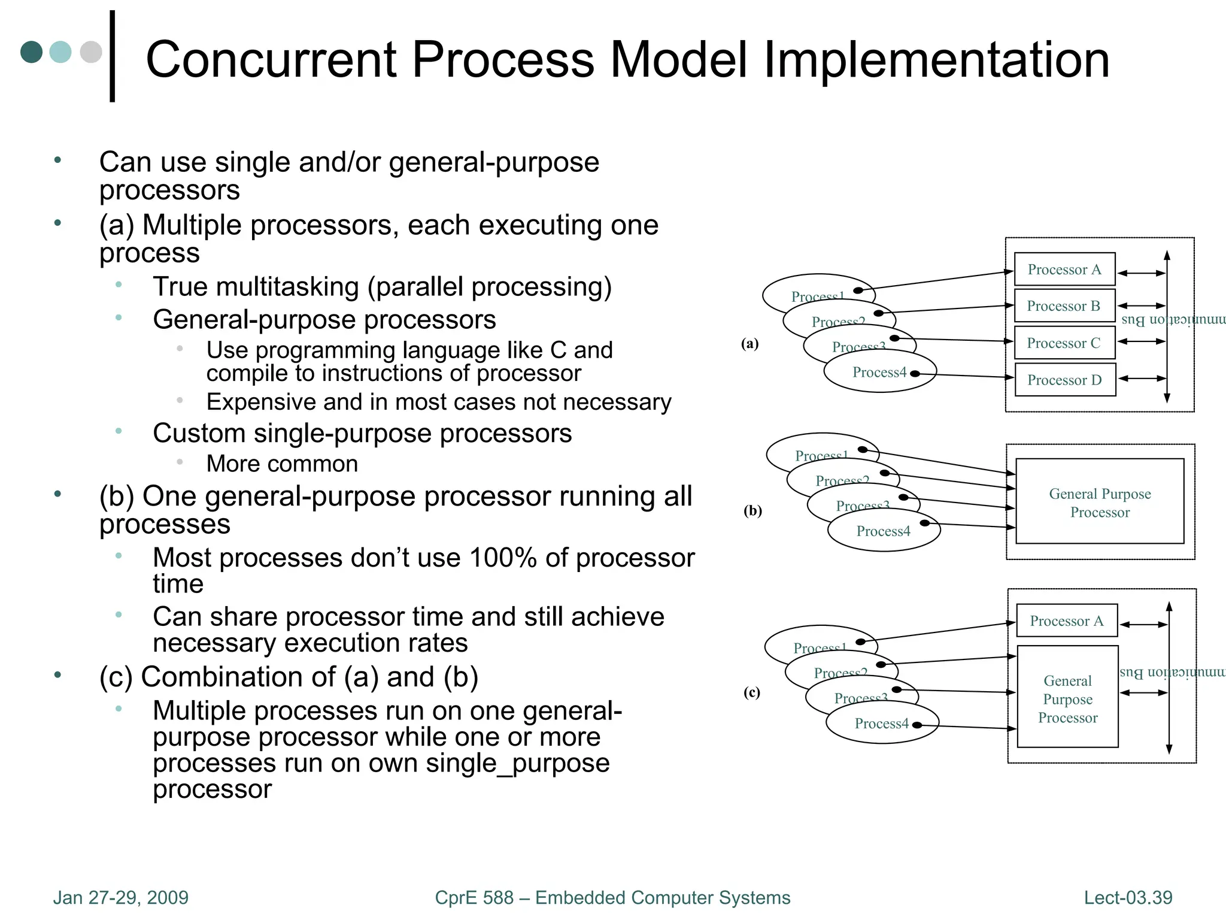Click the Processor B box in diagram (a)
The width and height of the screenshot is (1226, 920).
(x=1064, y=306)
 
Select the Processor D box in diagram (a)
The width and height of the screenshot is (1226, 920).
(x=1065, y=380)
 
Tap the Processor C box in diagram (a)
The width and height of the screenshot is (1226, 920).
(x=1064, y=343)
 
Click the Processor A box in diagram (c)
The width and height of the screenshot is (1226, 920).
(x=1067, y=621)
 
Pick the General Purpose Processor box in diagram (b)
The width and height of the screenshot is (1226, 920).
(x=1100, y=502)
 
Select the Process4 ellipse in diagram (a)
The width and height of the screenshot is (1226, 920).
(x=879, y=373)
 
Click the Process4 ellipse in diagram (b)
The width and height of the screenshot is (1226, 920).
(x=883, y=531)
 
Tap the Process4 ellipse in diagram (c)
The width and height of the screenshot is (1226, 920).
(x=881, y=724)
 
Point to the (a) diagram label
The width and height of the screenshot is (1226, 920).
(x=749, y=343)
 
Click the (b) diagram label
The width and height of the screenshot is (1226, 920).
(x=752, y=510)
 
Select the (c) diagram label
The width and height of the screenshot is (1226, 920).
(x=751, y=692)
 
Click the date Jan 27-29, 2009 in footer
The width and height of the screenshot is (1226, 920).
(x=121, y=897)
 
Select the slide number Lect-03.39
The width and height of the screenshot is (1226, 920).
(x=1128, y=897)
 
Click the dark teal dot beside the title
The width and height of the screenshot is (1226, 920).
(x=31, y=52)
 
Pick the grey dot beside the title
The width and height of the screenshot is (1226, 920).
(x=91, y=52)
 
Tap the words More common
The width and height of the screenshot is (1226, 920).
(x=282, y=464)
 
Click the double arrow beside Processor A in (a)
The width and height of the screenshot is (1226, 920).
(x=1141, y=273)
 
